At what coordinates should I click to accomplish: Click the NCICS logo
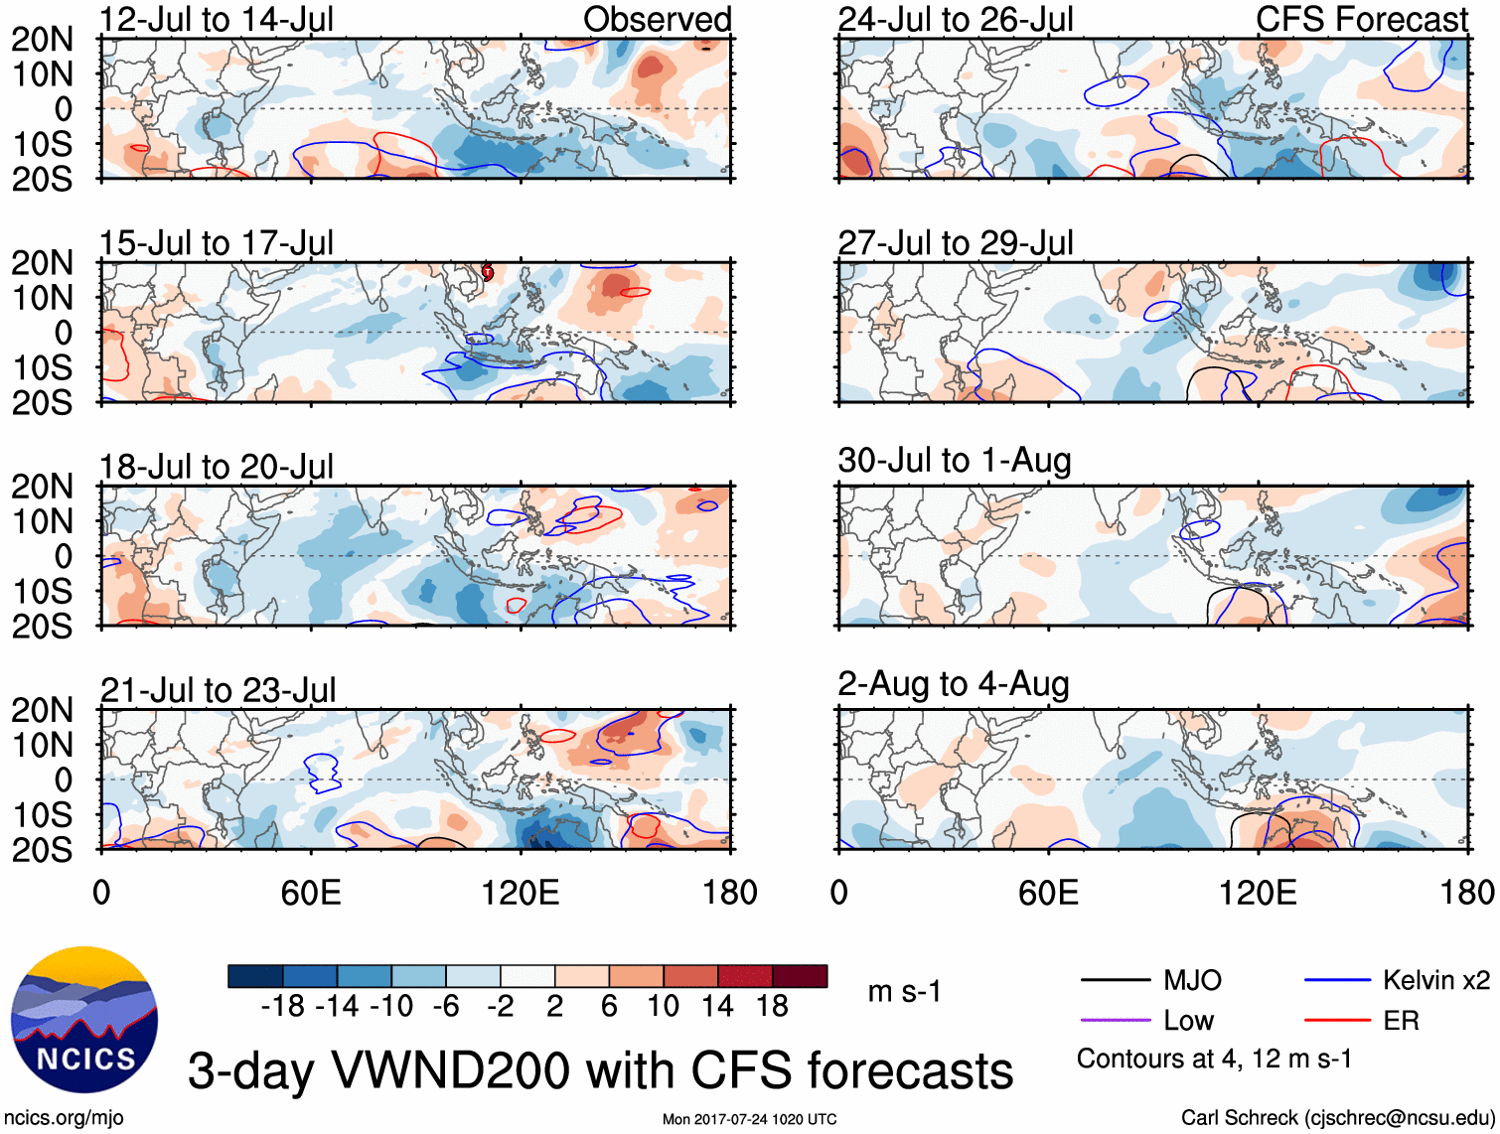pyautogui.click(x=84, y=1021)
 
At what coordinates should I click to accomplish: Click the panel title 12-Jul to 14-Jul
pyautogui.click(x=217, y=20)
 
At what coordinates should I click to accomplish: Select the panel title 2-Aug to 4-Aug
pyautogui.click(x=954, y=684)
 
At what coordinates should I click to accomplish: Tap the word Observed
pyautogui.click(x=657, y=20)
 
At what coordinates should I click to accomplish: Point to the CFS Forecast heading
pyautogui.click(x=1361, y=20)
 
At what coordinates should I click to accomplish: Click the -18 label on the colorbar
pyautogui.click(x=283, y=1007)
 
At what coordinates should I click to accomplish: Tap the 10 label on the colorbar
pyautogui.click(x=663, y=1007)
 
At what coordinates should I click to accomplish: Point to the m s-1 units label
pyautogui.click(x=904, y=992)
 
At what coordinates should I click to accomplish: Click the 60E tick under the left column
pyautogui.click(x=311, y=893)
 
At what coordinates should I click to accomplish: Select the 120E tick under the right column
pyautogui.click(x=1258, y=893)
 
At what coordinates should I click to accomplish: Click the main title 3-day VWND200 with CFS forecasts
pyautogui.click(x=600, y=1071)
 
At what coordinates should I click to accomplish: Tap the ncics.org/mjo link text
pyautogui.click(x=64, y=1118)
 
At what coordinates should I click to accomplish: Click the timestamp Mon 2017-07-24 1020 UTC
pyautogui.click(x=749, y=1119)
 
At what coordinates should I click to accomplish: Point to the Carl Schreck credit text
pyautogui.click(x=1337, y=1118)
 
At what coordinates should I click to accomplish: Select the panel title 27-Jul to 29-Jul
pyautogui.click(x=956, y=243)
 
